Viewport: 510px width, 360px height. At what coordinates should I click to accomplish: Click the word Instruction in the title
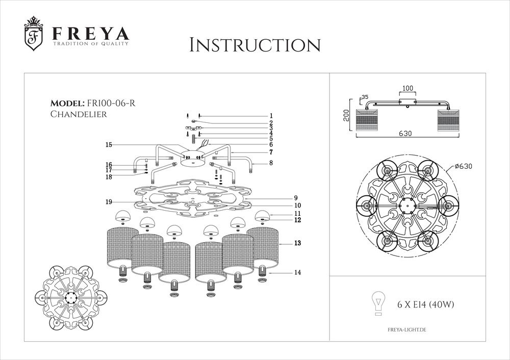tap(254, 45)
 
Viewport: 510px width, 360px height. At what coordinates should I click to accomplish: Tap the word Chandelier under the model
tap(79, 114)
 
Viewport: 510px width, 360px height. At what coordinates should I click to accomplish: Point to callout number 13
tap(297, 244)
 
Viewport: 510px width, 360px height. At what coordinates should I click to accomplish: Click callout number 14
tap(297, 273)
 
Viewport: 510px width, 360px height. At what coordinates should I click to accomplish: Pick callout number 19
tap(109, 202)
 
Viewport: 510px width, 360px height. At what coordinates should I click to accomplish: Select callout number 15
tap(109, 145)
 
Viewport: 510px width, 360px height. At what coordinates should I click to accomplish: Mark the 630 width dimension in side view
tap(405, 134)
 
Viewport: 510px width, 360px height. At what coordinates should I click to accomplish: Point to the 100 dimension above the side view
tap(407, 88)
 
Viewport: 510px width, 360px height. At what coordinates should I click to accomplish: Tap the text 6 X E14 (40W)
tap(425, 305)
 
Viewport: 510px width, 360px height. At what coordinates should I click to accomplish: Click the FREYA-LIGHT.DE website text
tap(407, 330)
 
